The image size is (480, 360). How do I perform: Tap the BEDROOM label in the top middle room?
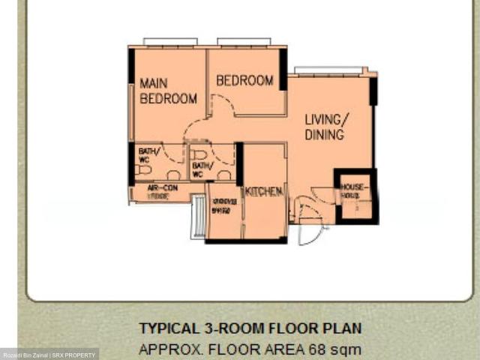pos(244,80)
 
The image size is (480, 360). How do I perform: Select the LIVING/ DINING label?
pos(325,127)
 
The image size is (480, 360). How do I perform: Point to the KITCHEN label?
pos(264,192)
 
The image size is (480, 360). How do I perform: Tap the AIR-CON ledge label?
pos(162,191)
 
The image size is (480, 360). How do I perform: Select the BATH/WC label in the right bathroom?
pos(202,169)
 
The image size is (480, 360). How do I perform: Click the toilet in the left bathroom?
pos(144,169)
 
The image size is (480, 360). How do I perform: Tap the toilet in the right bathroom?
pos(199,154)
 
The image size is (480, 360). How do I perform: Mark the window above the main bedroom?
pos(170,41)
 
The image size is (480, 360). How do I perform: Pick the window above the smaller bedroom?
pos(244,41)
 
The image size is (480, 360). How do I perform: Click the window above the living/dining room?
pos(328,70)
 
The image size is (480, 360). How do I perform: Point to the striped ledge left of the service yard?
pos(198,217)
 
